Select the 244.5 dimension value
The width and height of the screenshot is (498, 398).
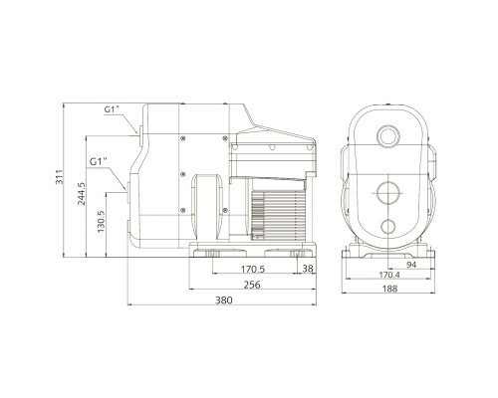[82, 194]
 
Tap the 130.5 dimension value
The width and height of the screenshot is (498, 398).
[101, 222]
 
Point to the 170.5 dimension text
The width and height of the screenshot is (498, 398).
[253, 269]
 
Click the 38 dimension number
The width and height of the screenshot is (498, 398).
[308, 269]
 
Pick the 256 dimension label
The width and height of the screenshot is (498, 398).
[252, 285]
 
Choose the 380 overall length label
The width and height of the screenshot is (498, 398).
[224, 300]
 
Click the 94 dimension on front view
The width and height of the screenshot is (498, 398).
[411, 265]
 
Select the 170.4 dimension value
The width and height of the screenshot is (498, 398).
[389, 275]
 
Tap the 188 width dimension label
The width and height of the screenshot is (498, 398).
[389, 289]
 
